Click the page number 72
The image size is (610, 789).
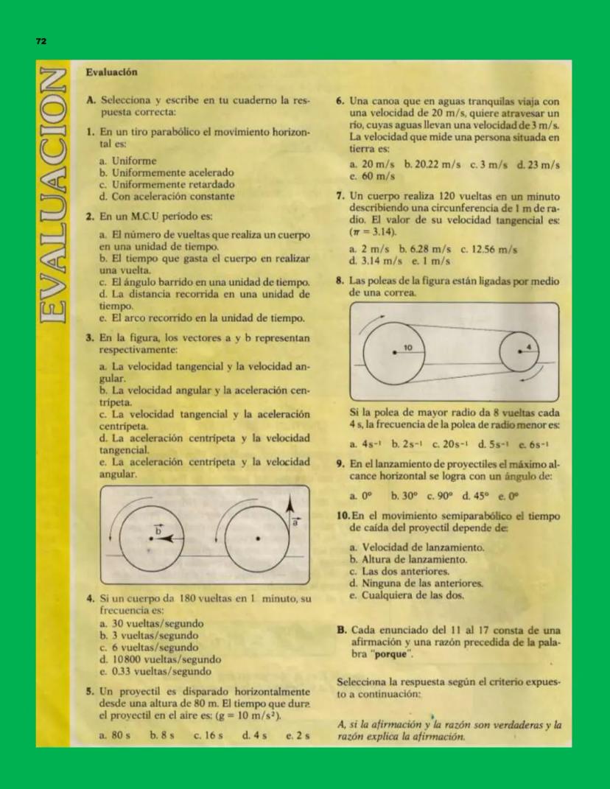tap(41, 42)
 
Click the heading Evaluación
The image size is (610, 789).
tap(112, 72)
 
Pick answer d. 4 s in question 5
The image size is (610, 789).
tap(253, 734)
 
